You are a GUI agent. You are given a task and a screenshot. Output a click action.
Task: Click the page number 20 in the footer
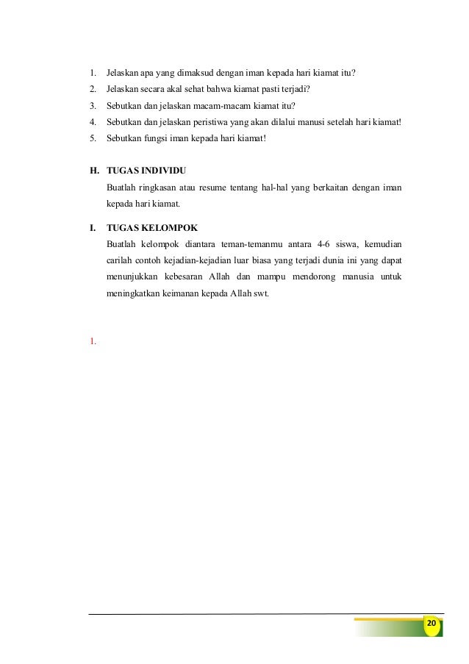tap(431, 624)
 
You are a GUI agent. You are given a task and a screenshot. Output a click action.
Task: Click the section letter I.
tap(91, 227)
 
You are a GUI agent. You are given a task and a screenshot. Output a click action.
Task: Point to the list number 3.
tap(92, 104)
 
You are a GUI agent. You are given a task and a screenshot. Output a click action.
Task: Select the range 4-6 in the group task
tap(316, 244)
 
